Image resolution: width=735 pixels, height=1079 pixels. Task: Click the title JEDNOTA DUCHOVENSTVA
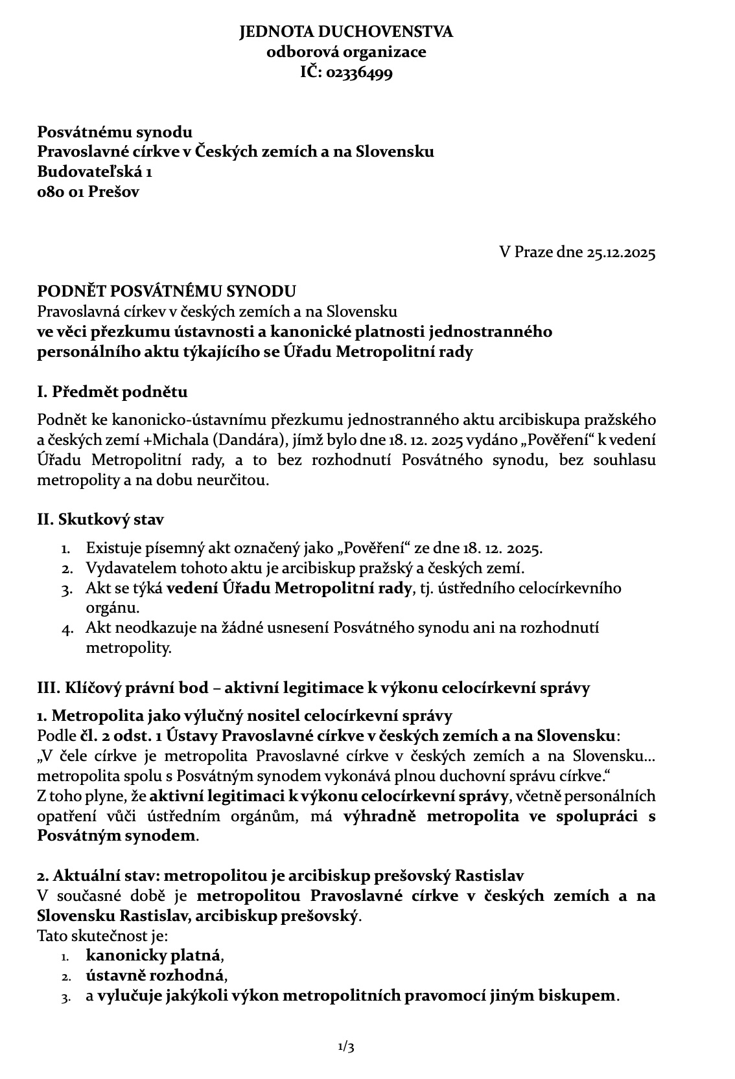(x=346, y=32)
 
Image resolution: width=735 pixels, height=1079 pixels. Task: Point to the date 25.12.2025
(x=621, y=252)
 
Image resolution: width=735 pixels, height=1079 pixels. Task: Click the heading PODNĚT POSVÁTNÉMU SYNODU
(x=167, y=291)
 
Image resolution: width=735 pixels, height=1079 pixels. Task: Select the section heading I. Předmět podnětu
(x=112, y=392)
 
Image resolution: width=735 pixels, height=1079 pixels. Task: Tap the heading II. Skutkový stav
(x=100, y=519)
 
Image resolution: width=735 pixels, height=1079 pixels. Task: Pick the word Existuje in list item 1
(x=110, y=548)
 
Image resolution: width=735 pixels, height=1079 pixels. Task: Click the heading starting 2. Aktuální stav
(x=281, y=875)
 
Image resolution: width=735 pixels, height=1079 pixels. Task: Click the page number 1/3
(x=346, y=1047)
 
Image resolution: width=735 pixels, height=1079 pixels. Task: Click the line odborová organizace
(x=346, y=52)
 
